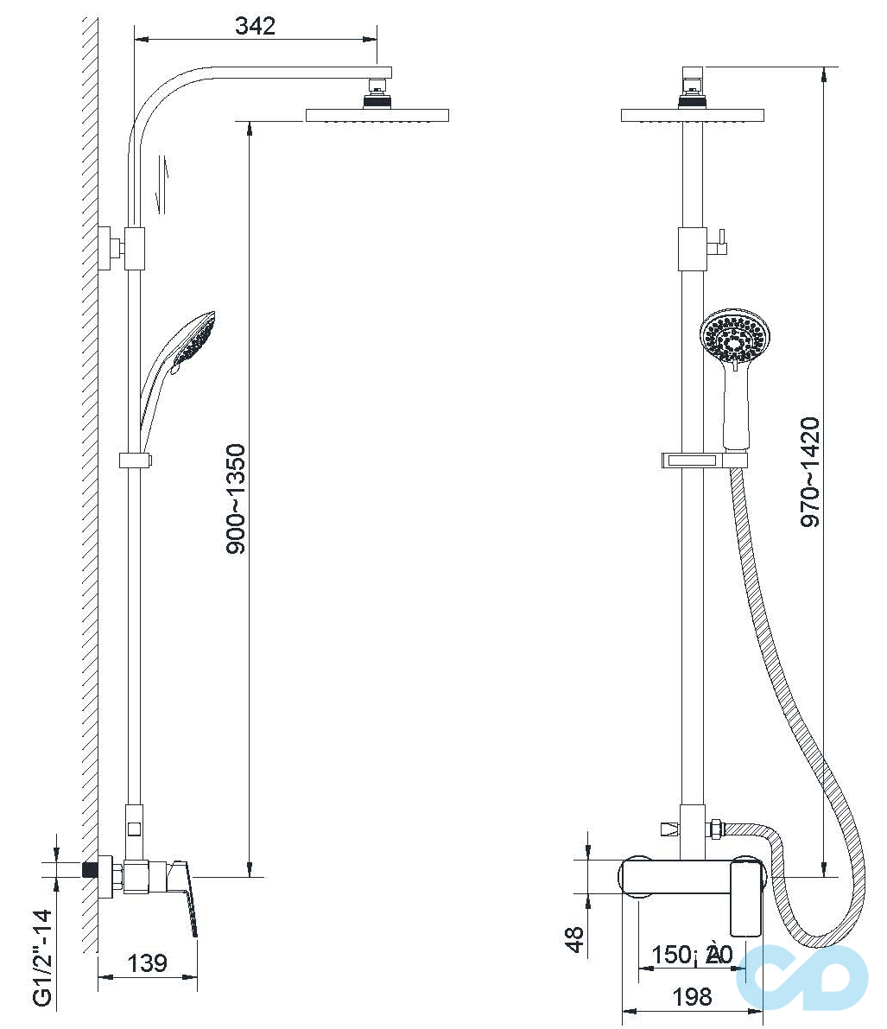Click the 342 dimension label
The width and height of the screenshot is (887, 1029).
[256, 26]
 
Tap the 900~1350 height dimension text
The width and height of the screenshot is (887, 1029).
[236, 499]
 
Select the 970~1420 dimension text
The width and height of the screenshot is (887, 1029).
[809, 472]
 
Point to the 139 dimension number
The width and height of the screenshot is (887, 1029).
[147, 962]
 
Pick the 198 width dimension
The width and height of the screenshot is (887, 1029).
[692, 997]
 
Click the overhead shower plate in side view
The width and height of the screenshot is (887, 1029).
[377, 115]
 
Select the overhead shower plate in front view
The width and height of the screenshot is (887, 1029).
[693, 115]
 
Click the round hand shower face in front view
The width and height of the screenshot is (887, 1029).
[733, 340]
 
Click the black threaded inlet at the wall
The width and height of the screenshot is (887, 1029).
[88, 868]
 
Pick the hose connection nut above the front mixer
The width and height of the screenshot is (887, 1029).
[715, 829]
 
